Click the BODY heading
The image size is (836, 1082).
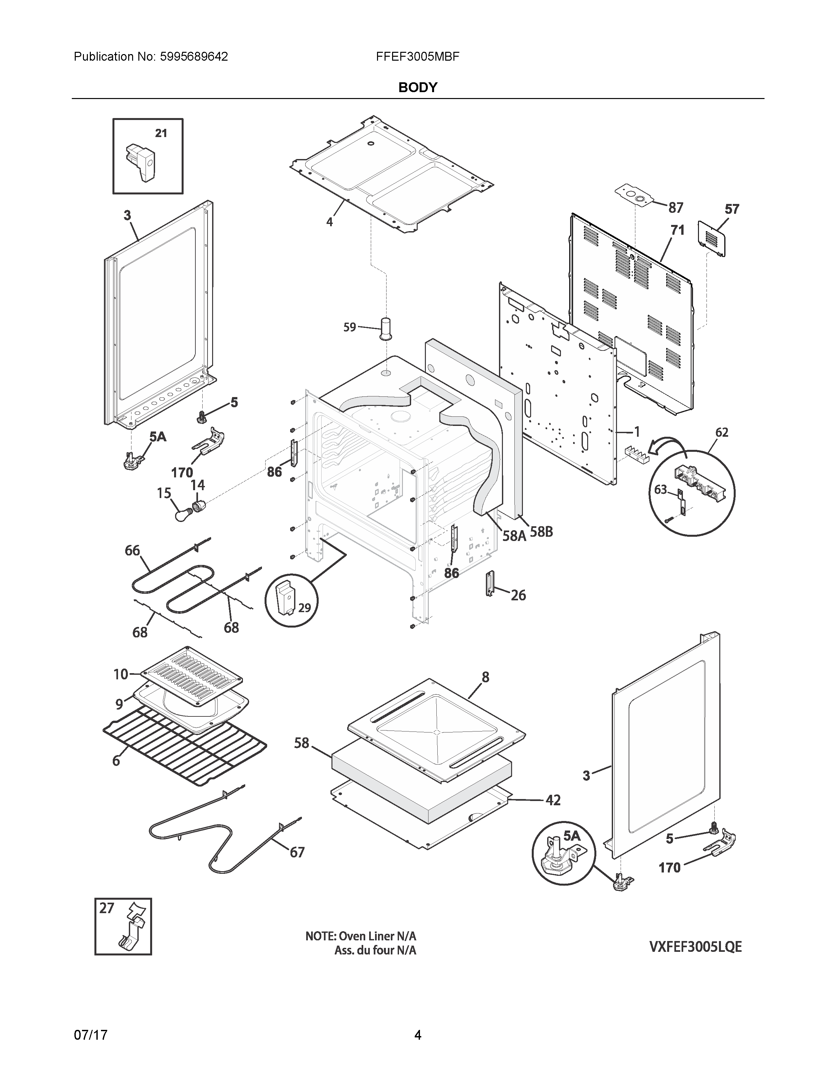click(x=417, y=88)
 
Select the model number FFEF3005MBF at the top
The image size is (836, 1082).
click(x=417, y=56)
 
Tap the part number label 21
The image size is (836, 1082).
click(x=161, y=133)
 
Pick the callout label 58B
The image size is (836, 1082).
click(x=541, y=532)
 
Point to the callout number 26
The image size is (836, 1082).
click(x=518, y=595)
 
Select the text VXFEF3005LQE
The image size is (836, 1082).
click(x=695, y=947)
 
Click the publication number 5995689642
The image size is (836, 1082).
click(x=194, y=56)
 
